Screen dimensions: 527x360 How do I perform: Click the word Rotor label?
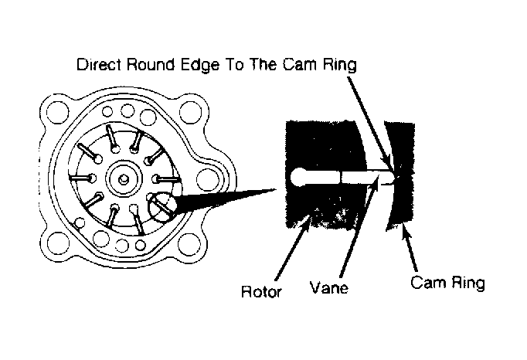tap(261, 291)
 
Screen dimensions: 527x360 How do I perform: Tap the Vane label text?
tap(328, 287)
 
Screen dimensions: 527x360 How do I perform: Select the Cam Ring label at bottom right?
tap(447, 282)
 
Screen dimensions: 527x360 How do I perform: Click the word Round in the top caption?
tap(150, 64)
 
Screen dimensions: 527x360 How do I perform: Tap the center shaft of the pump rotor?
tap(123, 178)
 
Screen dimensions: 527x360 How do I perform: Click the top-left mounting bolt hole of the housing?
tap(57, 112)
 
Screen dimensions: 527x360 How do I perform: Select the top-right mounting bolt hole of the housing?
tap(191, 113)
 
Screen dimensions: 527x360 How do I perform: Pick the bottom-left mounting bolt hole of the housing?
tap(59, 243)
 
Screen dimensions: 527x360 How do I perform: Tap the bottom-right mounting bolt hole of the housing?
tap(189, 244)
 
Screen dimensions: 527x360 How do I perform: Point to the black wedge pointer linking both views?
tap(225, 201)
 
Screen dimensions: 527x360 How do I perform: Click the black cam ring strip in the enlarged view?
tap(400, 175)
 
